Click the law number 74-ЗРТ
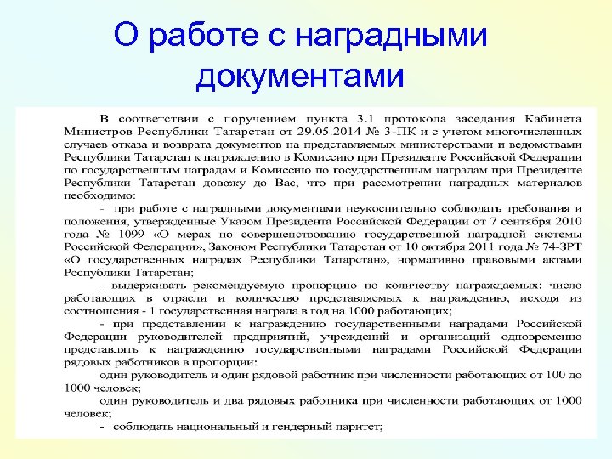click(558, 246)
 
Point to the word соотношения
click(100, 311)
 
